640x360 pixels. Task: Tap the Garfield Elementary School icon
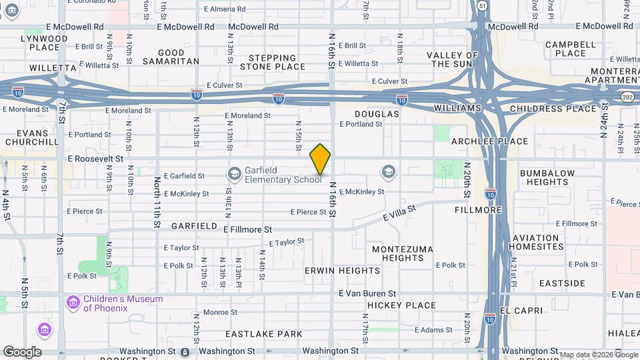(234, 175)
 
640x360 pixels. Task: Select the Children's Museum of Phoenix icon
(72, 303)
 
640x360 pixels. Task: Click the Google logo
(21, 352)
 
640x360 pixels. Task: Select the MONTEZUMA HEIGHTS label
(403, 253)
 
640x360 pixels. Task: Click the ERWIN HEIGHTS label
(342, 271)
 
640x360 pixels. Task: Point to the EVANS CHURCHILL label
(33, 137)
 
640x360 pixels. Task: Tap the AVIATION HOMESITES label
(536, 242)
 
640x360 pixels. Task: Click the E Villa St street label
(399, 214)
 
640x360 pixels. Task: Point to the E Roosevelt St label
(95, 159)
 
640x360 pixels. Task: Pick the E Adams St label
(434, 330)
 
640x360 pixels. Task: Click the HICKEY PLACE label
(401, 305)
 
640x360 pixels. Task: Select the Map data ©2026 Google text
(598, 354)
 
